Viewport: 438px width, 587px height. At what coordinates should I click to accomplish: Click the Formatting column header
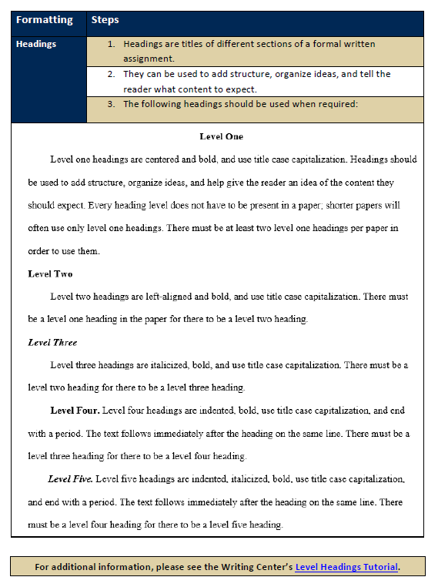[x=44, y=20]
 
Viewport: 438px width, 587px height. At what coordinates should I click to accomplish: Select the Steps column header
[x=105, y=20]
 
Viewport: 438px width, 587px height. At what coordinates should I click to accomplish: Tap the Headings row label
[x=36, y=44]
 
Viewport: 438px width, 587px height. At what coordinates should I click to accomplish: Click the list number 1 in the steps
[x=111, y=44]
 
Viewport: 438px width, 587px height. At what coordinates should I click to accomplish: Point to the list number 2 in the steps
[x=111, y=74]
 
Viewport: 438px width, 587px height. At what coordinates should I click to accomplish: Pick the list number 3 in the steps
[x=111, y=104]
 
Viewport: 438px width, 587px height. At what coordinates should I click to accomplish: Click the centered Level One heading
[x=221, y=136]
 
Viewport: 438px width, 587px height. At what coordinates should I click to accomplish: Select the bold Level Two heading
[x=50, y=273]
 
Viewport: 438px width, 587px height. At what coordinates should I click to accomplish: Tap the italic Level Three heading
[x=52, y=342]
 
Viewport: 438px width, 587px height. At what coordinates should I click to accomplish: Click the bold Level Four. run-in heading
[x=75, y=411]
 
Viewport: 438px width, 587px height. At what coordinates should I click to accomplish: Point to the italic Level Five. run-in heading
[x=71, y=479]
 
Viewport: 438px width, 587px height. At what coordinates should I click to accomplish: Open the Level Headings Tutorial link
[x=346, y=567]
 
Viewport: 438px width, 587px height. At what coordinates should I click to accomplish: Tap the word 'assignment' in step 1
[x=149, y=59]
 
